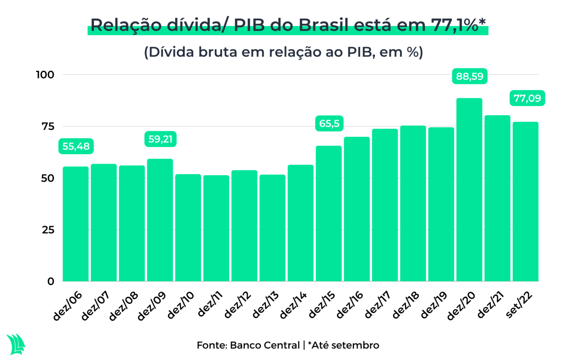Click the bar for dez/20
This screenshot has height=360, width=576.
(x=469, y=190)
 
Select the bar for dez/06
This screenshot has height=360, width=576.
(x=76, y=224)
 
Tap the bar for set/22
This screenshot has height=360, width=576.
(x=525, y=201)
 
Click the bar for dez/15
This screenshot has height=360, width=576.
(x=328, y=213)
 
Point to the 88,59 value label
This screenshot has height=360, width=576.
(x=469, y=76)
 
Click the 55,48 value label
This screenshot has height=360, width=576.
(x=76, y=146)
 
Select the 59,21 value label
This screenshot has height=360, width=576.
(x=160, y=139)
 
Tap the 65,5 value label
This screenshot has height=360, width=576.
(x=329, y=123)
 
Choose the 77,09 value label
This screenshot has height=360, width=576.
(x=527, y=98)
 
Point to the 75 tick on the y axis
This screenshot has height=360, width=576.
(x=48, y=126)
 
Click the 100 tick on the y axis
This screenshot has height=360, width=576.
(x=45, y=75)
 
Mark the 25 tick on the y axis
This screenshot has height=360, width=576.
(x=48, y=230)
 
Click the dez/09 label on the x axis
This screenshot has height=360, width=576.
(x=152, y=306)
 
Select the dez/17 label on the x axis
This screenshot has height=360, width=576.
(x=378, y=305)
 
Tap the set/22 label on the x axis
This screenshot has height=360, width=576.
(x=519, y=304)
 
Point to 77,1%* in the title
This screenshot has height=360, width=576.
(x=458, y=25)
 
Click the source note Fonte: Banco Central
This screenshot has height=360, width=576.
(x=248, y=345)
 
